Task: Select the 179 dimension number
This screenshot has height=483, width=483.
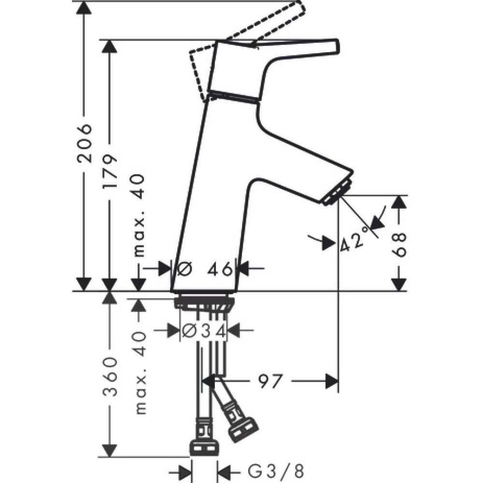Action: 111,172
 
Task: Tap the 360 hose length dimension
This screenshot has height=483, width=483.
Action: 111,377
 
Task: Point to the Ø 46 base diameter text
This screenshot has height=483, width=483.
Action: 205,269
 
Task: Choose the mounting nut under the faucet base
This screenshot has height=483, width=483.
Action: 206,303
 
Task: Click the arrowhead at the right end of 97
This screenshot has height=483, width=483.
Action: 332,381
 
